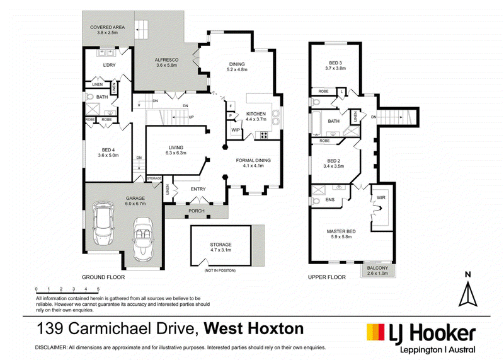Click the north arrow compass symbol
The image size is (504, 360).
[467, 294]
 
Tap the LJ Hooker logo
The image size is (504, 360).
[421, 338]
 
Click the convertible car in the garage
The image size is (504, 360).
[144, 239]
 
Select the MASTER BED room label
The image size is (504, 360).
[341, 231]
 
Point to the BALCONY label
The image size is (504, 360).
[377, 268]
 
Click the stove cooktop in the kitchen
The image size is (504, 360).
[264, 136]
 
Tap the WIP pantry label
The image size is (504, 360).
[235, 130]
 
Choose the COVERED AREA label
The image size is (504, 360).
[107, 27]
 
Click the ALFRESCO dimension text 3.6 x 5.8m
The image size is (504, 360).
[166, 65]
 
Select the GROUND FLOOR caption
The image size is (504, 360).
[103, 277]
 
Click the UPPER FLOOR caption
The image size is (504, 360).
[327, 277]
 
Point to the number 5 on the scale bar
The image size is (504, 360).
[98, 289]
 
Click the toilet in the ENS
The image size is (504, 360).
[315, 201]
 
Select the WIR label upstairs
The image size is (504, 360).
[381, 197]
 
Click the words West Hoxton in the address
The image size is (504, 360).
[254, 329]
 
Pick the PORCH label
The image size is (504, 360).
[197, 211]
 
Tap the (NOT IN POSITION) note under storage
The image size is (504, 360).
[220, 270]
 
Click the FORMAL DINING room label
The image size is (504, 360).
[253, 160]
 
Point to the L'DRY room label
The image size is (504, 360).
[109, 65]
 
